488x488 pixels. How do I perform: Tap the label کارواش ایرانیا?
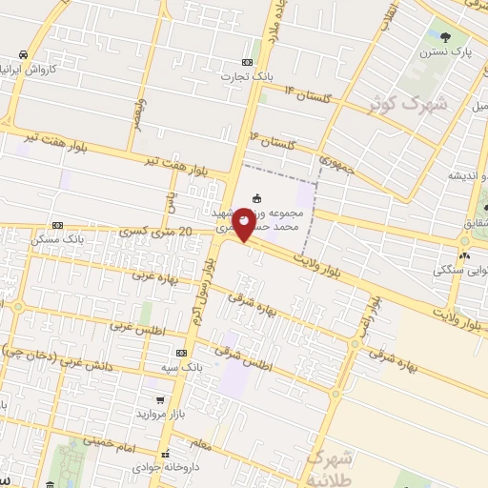click(53, 71)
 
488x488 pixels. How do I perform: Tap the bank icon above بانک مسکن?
click(59, 225)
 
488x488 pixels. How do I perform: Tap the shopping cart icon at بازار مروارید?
click(160, 400)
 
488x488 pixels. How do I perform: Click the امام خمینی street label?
click(106, 441)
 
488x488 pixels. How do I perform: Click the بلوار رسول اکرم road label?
click(209, 281)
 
